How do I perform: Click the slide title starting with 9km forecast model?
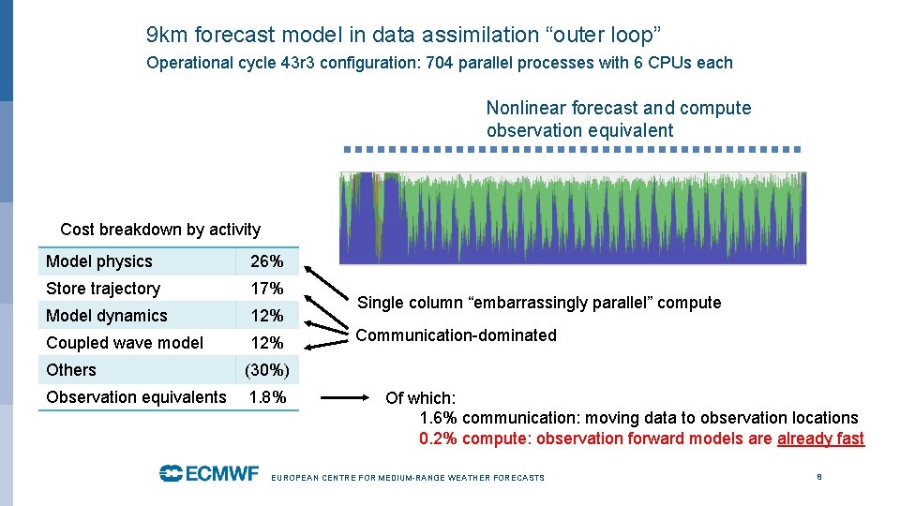coord(404,36)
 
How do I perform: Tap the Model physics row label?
coord(98,261)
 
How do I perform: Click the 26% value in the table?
coord(266,261)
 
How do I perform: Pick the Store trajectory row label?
coord(103,289)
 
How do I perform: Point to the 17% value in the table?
coord(266,289)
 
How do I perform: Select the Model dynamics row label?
coord(106,316)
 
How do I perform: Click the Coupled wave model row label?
coord(124,343)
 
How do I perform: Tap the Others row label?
coord(71,370)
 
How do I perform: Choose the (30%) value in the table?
coord(266,370)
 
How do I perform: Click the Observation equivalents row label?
coord(136,397)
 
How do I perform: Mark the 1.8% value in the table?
coord(267,397)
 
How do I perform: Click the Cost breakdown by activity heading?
coord(160,230)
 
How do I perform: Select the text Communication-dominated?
coord(456,335)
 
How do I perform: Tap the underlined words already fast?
coord(820,439)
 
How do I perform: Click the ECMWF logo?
coord(208,473)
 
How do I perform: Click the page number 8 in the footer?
coord(819,477)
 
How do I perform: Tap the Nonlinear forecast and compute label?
coord(618,108)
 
